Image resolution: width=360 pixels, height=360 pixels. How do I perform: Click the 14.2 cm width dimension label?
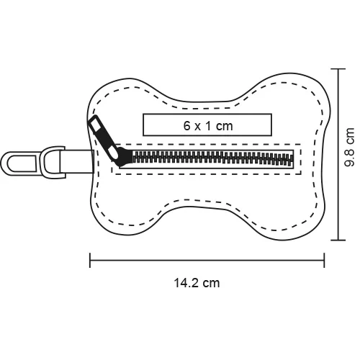point(197,283)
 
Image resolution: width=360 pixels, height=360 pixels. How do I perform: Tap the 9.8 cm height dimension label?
point(350,147)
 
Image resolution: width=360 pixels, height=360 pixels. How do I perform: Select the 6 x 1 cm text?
point(208,126)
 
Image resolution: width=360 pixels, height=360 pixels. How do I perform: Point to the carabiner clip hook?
point(19,163)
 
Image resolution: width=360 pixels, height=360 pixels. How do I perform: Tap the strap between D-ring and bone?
point(77,161)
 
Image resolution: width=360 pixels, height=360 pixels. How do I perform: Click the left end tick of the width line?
point(90,260)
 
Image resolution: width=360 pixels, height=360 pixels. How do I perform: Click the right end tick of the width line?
point(324,260)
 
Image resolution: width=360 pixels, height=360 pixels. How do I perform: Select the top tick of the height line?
point(338,69)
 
